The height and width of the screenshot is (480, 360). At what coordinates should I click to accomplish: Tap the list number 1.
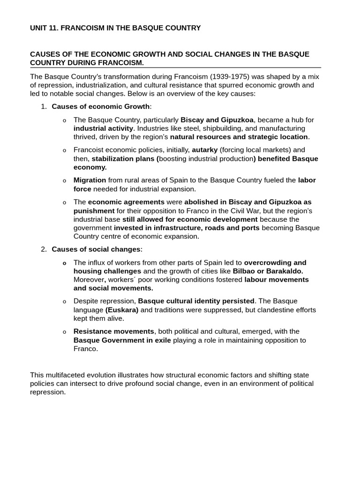click(x=43, y=106)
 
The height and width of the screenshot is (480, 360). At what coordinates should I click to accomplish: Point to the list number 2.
click(x=43, y=249)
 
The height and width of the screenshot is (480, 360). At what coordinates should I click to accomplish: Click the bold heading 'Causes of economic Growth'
click(x=100, y=106)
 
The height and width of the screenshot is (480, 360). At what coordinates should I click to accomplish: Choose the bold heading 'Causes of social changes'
click(x=96, y=249)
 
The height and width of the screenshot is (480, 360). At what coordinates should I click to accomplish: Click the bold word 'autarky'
click(x=205, y=150)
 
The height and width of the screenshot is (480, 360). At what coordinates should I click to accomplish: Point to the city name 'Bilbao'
click(x=245, y=271)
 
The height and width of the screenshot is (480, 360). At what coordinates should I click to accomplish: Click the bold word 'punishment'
click(x=94, y=210)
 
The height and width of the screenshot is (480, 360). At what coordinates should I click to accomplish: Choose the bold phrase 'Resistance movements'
click(x=113, y=331)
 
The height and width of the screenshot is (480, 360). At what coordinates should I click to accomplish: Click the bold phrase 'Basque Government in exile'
click(x=122, y=340)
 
